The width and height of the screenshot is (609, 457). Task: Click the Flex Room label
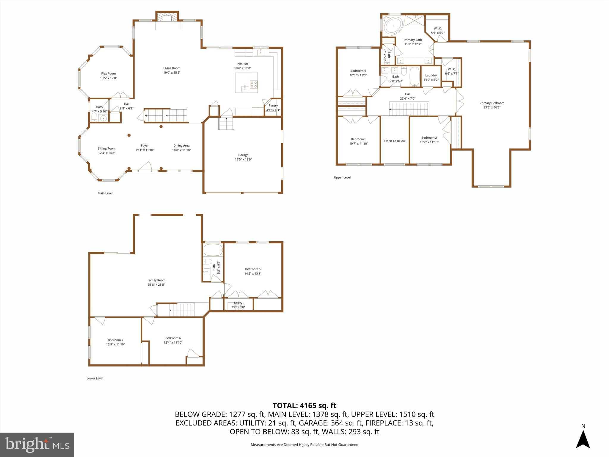(108, 73)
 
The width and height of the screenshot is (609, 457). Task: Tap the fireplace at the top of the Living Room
(168, 19)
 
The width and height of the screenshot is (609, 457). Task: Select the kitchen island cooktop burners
(253, 84)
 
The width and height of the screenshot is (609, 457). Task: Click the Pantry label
(273, 106)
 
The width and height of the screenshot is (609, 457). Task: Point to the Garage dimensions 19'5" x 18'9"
(243, 159)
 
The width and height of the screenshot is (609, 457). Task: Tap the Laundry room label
(431, 75)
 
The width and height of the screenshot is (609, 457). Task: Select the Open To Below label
(395, 141)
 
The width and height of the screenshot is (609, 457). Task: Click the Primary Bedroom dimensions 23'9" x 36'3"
(492, 107)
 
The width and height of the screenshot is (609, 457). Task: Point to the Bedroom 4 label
(358, 71)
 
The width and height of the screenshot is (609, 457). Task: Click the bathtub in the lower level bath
(213, 250)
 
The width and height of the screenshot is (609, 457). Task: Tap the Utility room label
(238, 303)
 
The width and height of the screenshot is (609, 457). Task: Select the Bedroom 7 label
(115, 340)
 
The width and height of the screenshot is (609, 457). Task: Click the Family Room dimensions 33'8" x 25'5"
(156, 284)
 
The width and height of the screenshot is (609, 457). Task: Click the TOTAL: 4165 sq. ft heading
(304, 406)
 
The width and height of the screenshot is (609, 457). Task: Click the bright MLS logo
(37, 445)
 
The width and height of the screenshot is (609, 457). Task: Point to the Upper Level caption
(342, 177)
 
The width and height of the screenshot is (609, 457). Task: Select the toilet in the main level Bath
(94, 117)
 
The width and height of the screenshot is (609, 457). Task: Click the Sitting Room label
(106, 148)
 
